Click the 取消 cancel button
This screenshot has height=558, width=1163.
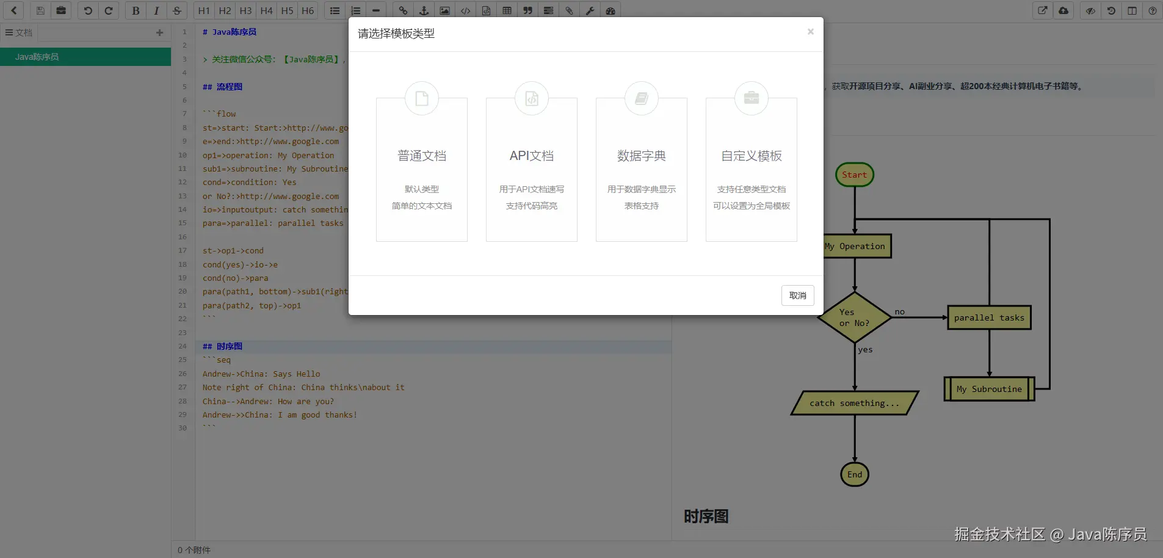click(x=797, y=295)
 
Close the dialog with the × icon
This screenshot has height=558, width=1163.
click(x=811, y=32)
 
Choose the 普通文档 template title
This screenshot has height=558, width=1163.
click(x=422, y=156)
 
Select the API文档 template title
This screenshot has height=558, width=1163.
click(x=532, y=156)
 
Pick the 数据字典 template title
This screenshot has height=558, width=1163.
click(x=642, y=156)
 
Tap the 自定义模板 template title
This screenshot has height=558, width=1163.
click(x=752, y=156)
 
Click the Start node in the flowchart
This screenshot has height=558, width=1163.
click(x=855, y=175)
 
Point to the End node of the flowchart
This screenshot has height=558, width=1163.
click(x=855, y=474)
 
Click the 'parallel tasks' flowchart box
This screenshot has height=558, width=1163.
click(x=989, y=317)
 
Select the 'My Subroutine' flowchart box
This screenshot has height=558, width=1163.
click(x=989, y=389)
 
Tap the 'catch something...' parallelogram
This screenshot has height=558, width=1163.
click(x=855, y=403)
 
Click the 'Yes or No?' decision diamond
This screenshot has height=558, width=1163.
click(x=855, y=317)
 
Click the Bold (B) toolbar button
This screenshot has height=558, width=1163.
click(x=136, y=10)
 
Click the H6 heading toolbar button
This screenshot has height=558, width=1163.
click(x=308, y=10)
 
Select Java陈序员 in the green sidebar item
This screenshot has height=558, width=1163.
click(x=37, y=57)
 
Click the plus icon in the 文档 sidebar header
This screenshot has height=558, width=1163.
click(x=159, y=33)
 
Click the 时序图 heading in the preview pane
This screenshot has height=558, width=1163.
click(x=706, y=516)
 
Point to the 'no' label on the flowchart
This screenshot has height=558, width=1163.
click(x=900, y=311)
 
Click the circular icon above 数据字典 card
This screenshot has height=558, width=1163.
click(x=642, y=98)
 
